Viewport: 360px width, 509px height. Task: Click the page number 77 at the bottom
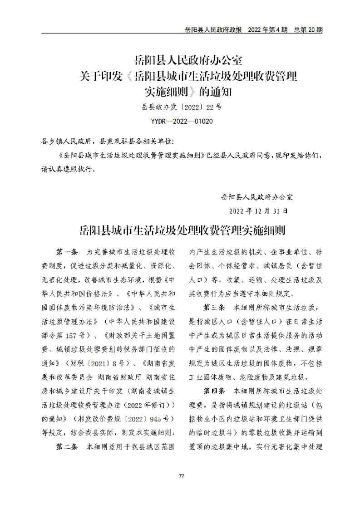(181, 475)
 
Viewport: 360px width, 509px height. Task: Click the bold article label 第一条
(67, 251)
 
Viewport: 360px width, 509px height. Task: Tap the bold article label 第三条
(214, 307)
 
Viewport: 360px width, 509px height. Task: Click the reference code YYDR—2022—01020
(182, 122)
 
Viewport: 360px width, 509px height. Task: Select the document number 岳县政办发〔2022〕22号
(182, 108)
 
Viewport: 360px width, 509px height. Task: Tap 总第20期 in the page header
(308, 29)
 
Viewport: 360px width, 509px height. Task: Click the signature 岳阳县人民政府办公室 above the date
(257, 197)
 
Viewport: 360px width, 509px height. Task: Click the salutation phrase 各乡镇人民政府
(67, 141)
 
